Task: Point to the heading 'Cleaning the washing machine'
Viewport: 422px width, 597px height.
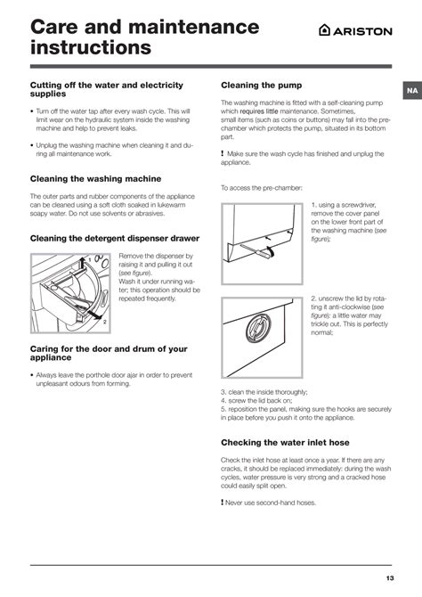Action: coord(95,178)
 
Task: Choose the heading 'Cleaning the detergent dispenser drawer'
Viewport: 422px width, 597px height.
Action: coord(115,238)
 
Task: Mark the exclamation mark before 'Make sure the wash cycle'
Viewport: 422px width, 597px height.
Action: coord(223,154)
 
